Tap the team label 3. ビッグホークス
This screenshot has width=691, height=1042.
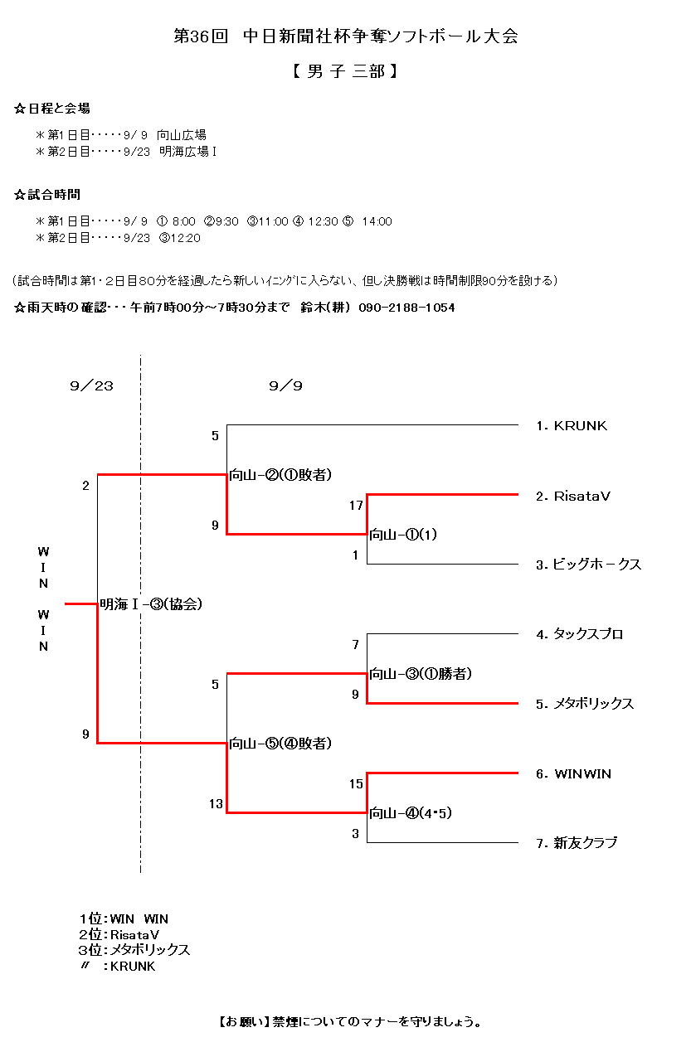tap(588, 565)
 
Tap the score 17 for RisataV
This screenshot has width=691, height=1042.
tap(357, 504)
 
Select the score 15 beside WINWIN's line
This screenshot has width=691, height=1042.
tap(357, 783)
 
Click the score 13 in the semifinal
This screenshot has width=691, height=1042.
tap(216, 803)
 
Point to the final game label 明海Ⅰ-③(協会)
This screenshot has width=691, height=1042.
tap(151, 604)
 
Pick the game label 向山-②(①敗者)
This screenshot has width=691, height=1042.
tap(280, 475)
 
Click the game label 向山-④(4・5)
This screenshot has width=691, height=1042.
tap(411, 813)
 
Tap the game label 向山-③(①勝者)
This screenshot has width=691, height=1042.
tap(421, 674)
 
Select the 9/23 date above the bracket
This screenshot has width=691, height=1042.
tap(91, 386)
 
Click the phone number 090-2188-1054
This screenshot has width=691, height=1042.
tap(406, 308)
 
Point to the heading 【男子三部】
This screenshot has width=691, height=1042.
tap(345, 72)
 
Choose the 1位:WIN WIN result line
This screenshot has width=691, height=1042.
tap(124, 918)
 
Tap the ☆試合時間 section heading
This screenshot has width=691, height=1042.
tap(47, 195)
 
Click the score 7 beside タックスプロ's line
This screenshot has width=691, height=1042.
tap(356, 644)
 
